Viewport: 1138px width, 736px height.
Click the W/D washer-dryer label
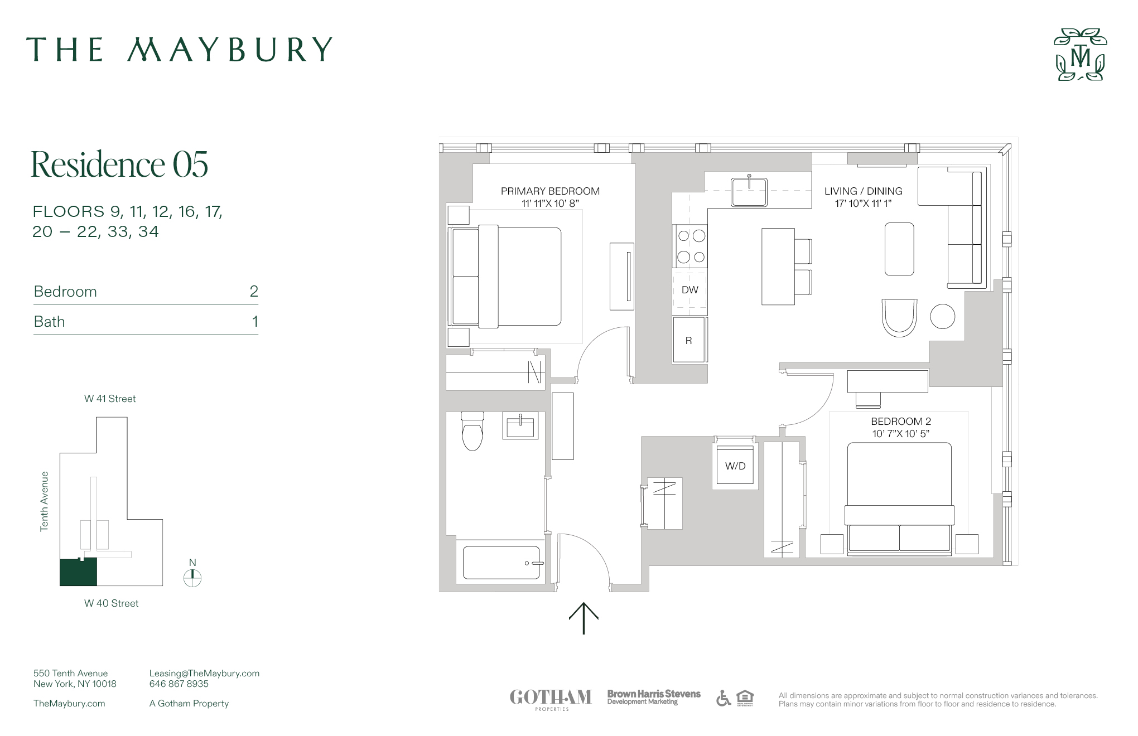click(735, 466)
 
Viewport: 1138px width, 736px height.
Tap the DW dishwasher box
click(690, 290)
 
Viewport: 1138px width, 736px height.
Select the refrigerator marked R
click(689, 340)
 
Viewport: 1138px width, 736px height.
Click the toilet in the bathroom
click(472, 432)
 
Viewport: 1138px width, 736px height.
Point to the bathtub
click(502, 563)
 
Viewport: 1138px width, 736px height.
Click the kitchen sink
click(749, 191)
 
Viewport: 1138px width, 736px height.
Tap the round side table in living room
click(942, 317)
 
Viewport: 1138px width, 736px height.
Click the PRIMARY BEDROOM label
click(550, 191)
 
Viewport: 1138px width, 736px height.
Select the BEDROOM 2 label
click(901, 422)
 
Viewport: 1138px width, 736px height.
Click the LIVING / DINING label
click(863, 191)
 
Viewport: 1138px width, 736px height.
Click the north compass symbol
click(192, 578)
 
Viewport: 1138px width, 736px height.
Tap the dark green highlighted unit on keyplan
click(78, 573)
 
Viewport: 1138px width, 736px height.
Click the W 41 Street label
click(110, 399)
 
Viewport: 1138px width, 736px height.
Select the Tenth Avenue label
click(45, 501)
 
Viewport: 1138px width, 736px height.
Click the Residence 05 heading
click(119, 164)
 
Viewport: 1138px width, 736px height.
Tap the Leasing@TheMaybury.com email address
click(204, 673)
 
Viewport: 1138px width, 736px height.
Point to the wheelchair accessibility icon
click(723, 698)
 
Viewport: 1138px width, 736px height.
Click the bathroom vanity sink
click(520, 427)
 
